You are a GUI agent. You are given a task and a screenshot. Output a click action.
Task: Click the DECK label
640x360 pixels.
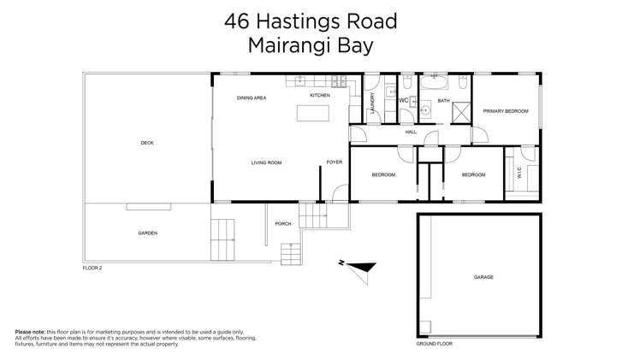(147, 143)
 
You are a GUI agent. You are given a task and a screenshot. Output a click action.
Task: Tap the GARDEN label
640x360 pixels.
(147, 233)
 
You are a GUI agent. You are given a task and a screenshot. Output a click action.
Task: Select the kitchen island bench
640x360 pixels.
(312, 114)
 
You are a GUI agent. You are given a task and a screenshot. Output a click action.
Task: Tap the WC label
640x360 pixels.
(404, 101)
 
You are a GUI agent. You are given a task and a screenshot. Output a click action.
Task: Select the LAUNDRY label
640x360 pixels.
(373, 103)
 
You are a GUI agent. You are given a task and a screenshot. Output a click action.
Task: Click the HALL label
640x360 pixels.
(411, 133)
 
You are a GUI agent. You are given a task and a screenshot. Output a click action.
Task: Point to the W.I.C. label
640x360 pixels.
(519, 173)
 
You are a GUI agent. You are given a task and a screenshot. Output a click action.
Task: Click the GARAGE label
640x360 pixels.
(483, 277)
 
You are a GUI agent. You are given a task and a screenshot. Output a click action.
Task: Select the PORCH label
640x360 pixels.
(282, 224)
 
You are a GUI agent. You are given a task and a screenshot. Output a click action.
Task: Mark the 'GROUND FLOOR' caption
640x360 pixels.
(434, 343)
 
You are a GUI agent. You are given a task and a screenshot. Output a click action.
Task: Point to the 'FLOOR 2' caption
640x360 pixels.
(92, 268)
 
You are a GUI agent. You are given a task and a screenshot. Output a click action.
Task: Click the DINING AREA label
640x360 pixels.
(252, 98)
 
